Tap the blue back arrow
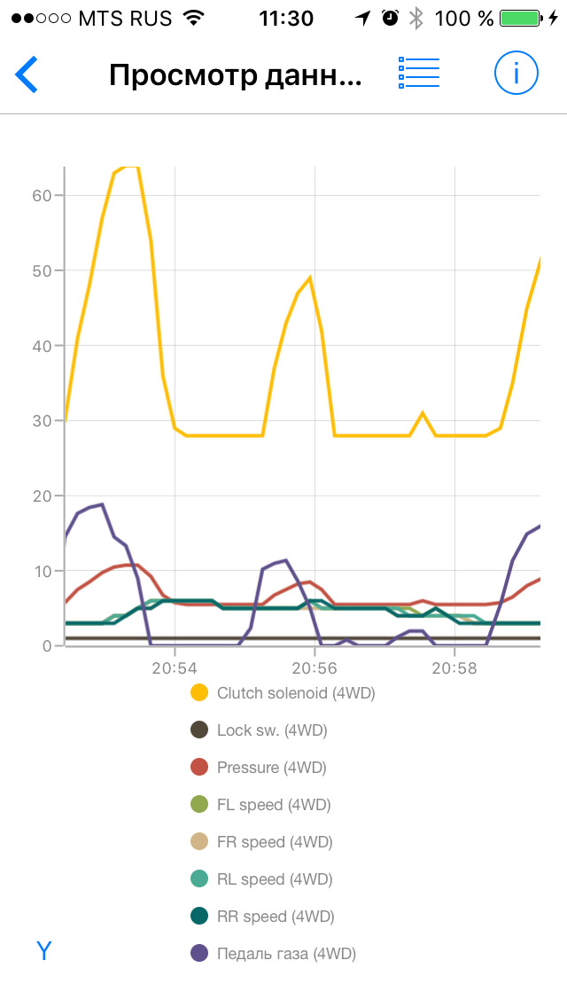pos(27,74)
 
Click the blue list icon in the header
pos(419,74)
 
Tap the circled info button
pos(517,74)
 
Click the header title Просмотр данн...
pos(235,75)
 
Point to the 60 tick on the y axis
pos(41,195)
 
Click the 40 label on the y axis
pos(41,346)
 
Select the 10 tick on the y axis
pos(41,571)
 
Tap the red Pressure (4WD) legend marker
pos(200,768)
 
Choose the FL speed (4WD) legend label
pos(274,805)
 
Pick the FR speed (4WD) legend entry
pos(275,842)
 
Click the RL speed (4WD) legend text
pos(275,879)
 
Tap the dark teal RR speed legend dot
pos(200,917)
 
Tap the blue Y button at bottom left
pos(44,951)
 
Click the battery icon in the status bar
pos(519,18)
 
